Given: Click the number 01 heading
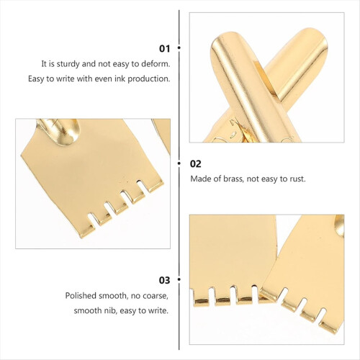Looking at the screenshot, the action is (164, 49).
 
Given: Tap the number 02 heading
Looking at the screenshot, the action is (195, 164).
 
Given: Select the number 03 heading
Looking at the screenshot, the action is (164, 280).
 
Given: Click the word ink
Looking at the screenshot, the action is (120, 79).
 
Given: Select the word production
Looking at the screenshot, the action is (149, 79).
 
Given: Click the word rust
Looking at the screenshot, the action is (298, 179).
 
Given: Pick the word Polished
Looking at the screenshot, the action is (81, 296).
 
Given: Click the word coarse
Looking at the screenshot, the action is (156, 296).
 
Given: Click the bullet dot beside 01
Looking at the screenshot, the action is (179, 48).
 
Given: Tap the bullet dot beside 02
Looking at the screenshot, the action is (179, 163).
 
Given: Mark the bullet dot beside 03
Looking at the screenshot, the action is (179, 279).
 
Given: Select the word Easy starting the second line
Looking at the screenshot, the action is (36, 79).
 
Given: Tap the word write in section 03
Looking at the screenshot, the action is (158, 310).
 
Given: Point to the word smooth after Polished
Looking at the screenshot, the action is (112, 296).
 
